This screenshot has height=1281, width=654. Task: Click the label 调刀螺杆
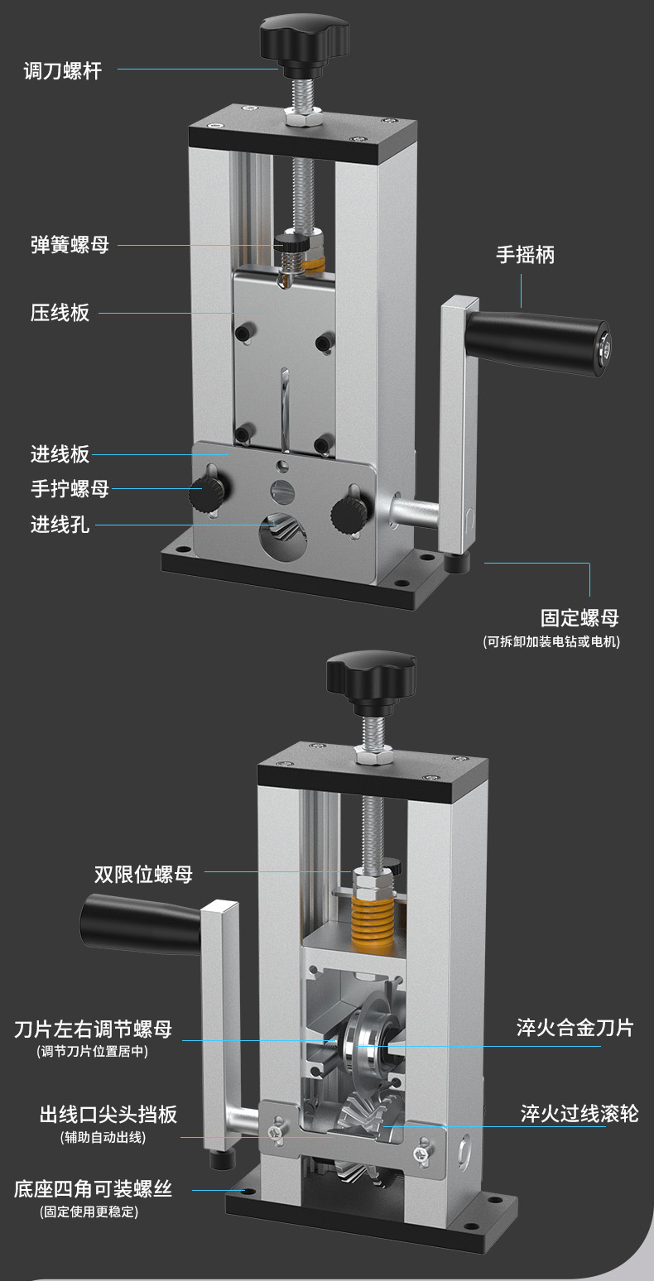[63, 71]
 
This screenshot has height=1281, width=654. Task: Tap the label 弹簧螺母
[70, 245]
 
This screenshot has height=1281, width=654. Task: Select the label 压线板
[60, 313]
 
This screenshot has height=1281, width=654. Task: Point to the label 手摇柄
[525, 255]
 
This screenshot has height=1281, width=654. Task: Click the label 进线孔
[60, 524]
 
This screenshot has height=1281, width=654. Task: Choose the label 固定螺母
[579, 617]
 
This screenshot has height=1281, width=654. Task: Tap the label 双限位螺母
[143, 874]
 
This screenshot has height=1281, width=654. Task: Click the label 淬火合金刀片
[575, 1027]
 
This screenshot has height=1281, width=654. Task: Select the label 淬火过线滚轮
[579, 1113]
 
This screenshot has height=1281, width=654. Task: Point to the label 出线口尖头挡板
[108, 1114]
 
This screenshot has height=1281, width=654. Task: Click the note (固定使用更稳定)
[89, 1211]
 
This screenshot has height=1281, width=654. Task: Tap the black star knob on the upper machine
[305, 37]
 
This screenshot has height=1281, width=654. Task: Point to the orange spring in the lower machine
[373, 923]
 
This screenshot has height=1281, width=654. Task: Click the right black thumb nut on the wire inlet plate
[349, 514]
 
